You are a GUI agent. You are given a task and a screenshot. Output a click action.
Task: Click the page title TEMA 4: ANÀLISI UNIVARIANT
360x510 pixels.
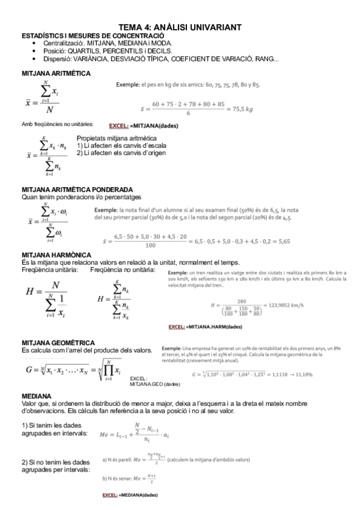180,27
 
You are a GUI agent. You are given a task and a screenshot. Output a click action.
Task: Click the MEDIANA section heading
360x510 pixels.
37,397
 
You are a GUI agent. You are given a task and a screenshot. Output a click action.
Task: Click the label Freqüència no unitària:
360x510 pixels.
122,269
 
